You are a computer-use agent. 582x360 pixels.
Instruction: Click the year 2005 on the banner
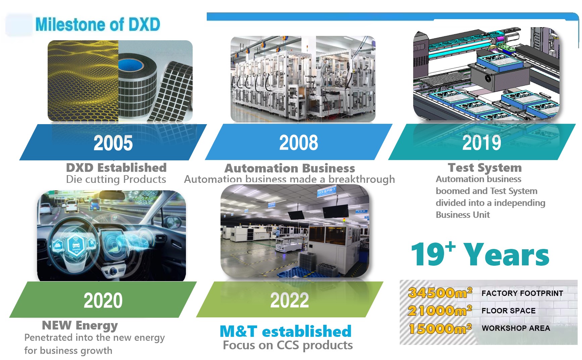(113, 143)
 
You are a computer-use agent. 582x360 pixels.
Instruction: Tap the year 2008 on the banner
(298, 142)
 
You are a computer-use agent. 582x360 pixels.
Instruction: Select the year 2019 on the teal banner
(482, 143)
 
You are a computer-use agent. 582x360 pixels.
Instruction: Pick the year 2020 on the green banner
(103, 300)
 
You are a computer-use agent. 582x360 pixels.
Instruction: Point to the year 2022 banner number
(289, 300)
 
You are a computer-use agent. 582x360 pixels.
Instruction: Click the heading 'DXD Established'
(116, 167)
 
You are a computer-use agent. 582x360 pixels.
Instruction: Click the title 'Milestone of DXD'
(98, 24)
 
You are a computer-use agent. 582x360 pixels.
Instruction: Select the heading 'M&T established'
(285, 331)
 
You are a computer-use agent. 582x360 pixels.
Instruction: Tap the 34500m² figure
(440, 293)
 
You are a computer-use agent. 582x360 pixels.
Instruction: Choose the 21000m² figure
(440, 310)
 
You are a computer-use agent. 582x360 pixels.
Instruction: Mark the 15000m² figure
(440, 328)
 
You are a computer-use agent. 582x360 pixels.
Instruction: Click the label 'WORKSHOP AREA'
(516, 328)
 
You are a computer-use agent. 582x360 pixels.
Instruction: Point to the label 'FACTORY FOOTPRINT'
(522, 293)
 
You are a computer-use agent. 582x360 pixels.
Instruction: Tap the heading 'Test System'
(485, 167)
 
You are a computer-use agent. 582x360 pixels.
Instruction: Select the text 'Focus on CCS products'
(288, 345)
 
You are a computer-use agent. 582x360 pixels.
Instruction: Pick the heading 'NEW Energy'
(80, 325)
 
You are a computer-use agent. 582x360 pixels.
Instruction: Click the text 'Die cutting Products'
(116, 179)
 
